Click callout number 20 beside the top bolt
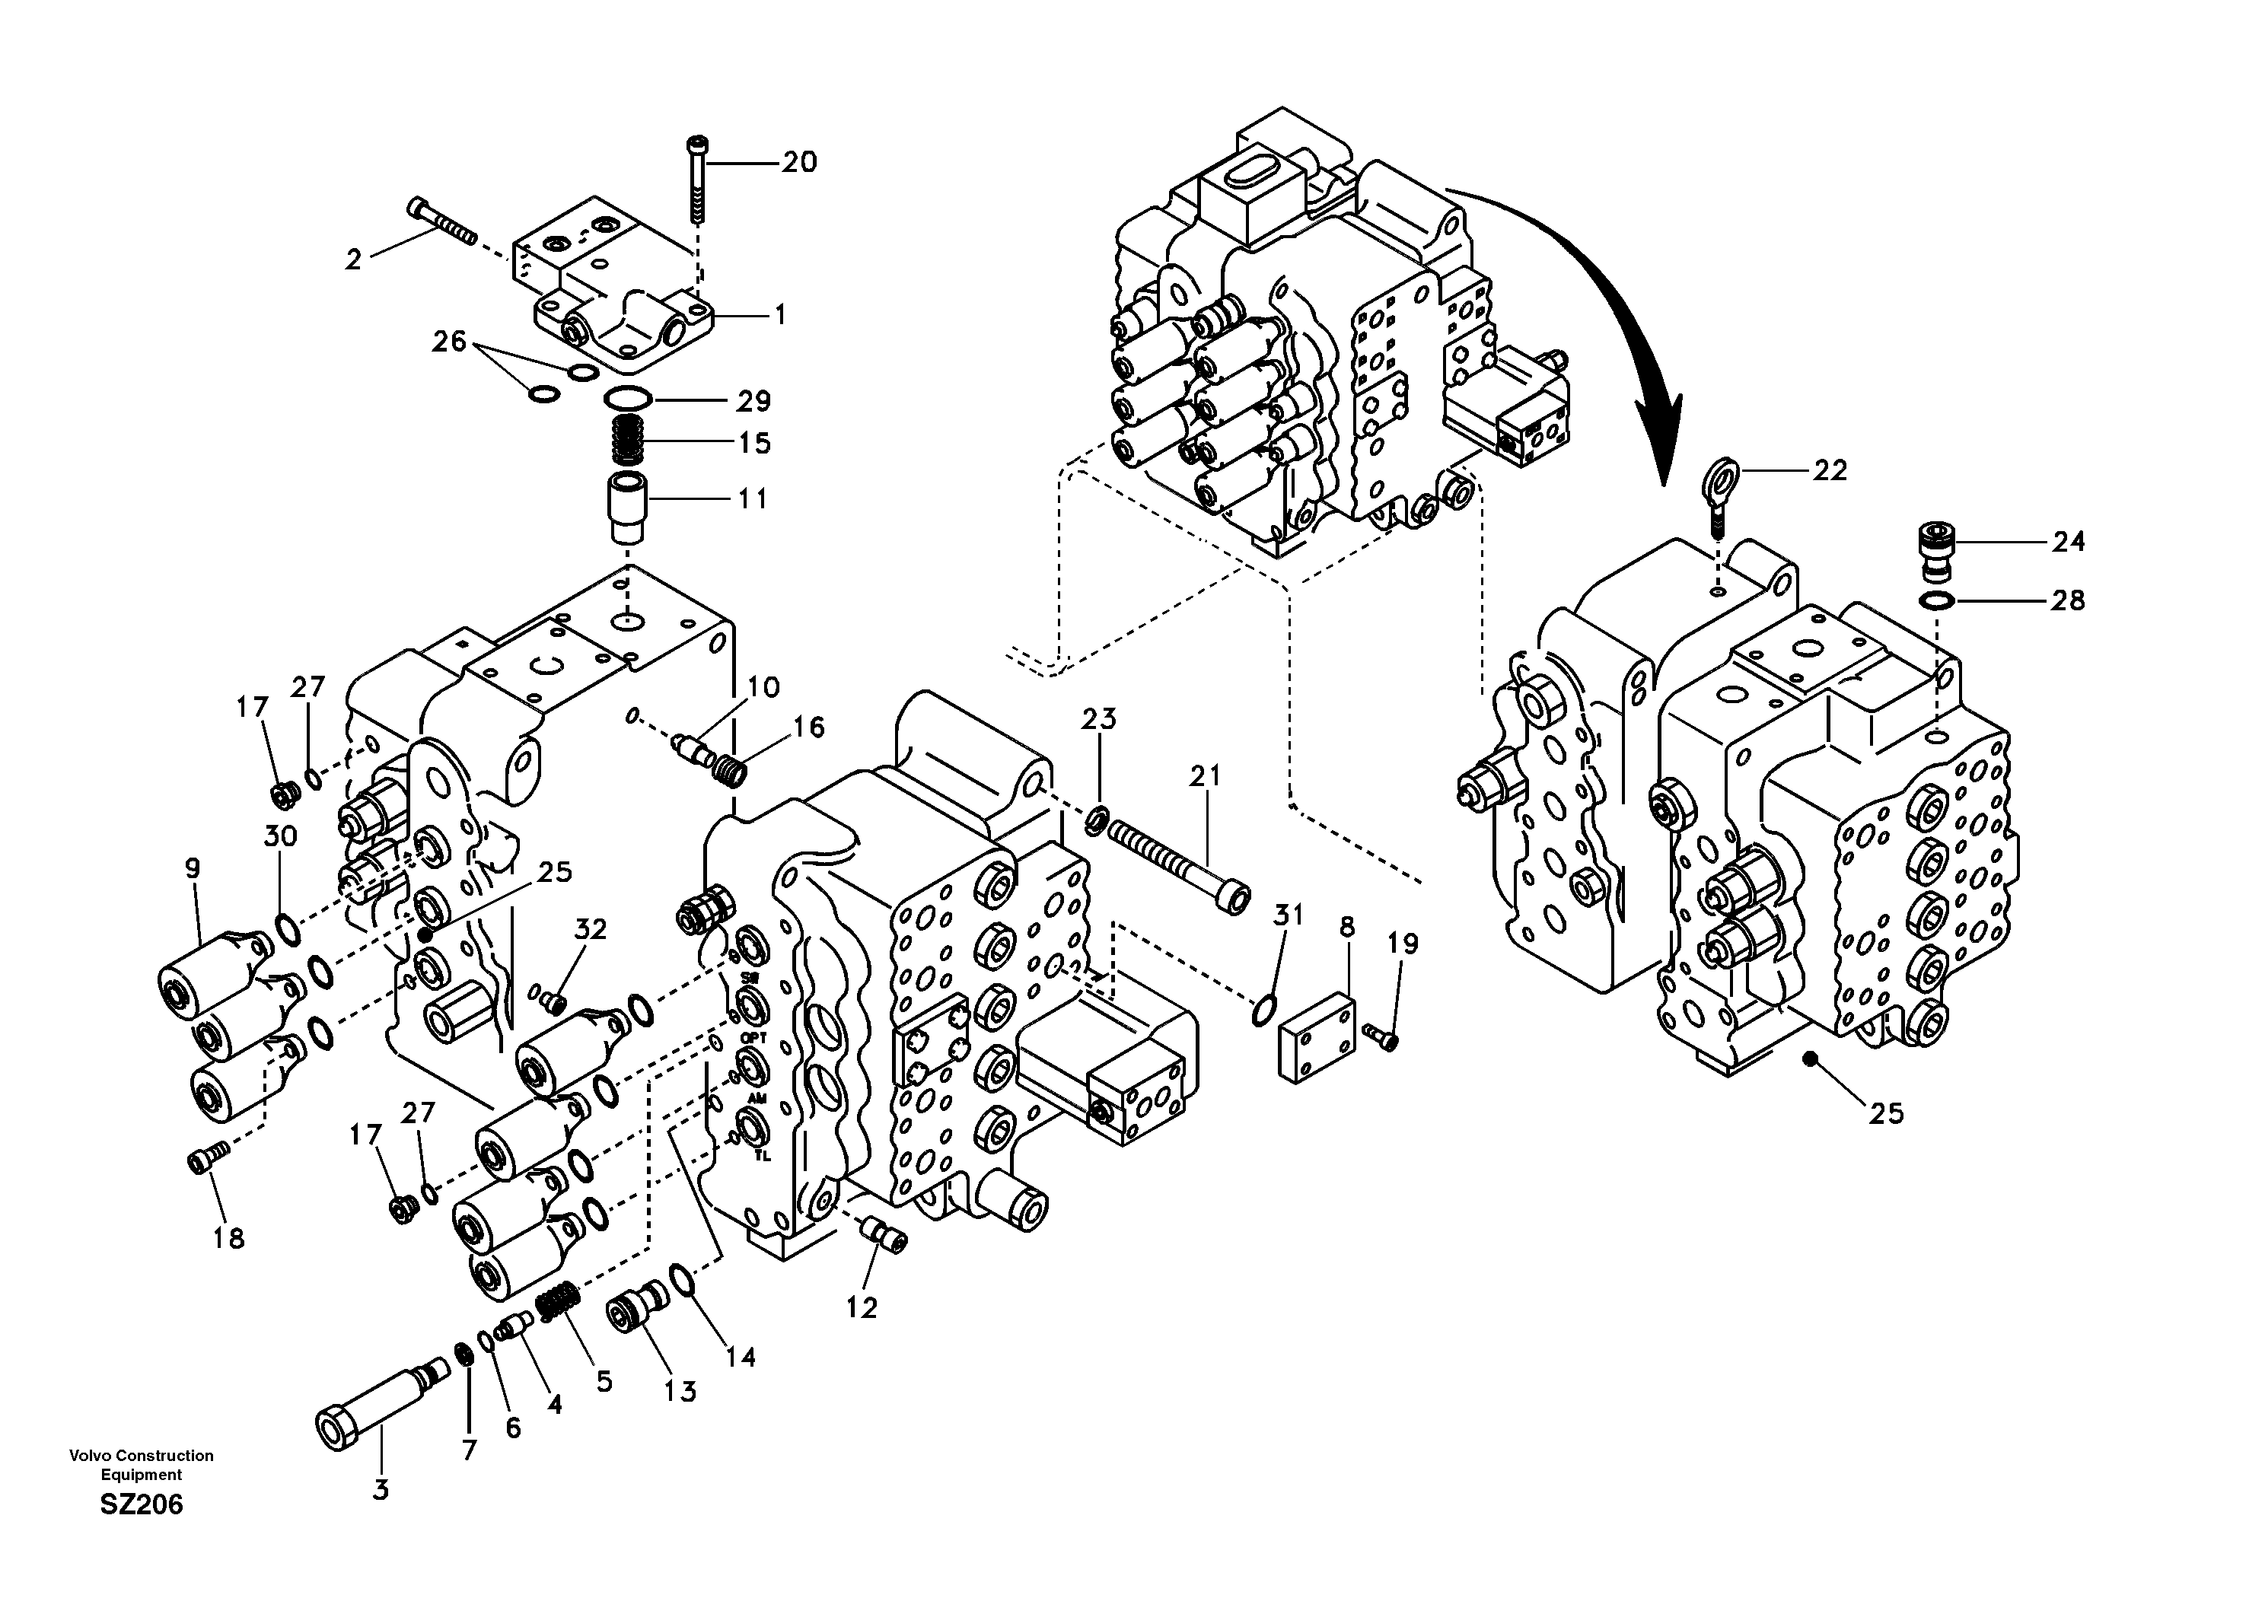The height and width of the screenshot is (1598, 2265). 799,162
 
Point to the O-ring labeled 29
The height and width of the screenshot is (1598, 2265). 626,399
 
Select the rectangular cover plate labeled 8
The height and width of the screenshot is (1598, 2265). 1316,1039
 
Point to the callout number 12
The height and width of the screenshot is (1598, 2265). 862,1307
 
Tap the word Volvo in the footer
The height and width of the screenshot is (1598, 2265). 87,1455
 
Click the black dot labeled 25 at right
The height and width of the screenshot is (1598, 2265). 1808,1058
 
